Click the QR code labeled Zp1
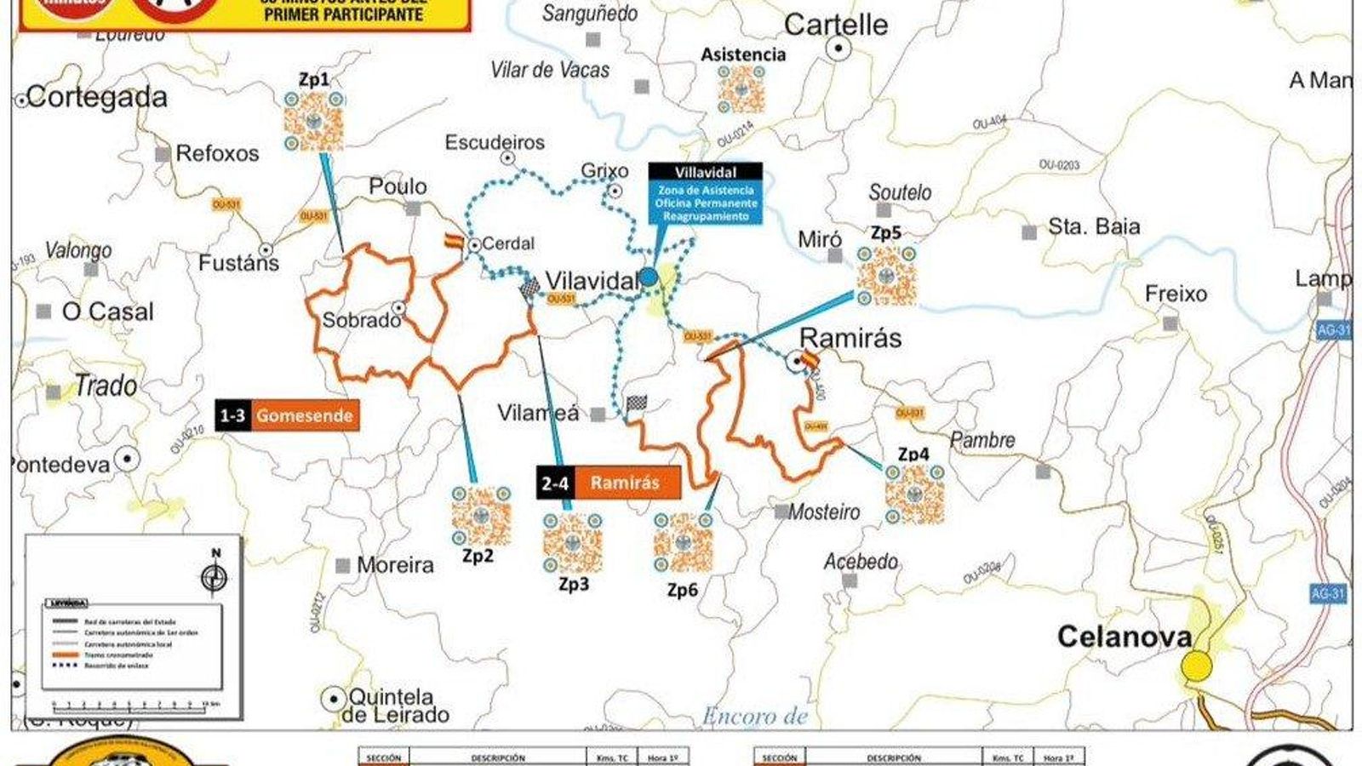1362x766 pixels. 313,122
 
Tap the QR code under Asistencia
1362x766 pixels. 741,89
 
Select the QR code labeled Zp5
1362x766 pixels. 886,276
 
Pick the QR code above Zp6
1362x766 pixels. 684,544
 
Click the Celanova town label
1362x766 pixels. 1124,637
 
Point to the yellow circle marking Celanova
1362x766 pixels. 1197,666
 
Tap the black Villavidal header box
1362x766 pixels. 706,172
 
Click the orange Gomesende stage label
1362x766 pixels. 305,415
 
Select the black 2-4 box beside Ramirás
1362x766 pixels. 555,483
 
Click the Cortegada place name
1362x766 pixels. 97,98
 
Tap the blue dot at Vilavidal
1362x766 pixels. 649,277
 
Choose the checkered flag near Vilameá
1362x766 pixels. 637,403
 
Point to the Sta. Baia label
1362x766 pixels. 1093,227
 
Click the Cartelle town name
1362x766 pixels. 835,25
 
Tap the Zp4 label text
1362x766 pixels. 913,454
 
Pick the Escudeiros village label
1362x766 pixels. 495,143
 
